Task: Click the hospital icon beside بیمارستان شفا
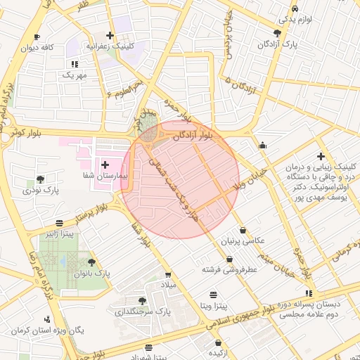[x=105, y=164]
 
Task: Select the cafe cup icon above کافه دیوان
[x=37, y=37]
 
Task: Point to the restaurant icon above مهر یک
[x=75, y=64]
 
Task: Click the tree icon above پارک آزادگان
[x=278, y=33]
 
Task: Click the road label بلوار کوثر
[x=29, y=132]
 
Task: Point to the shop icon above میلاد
[x=168, y=275]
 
